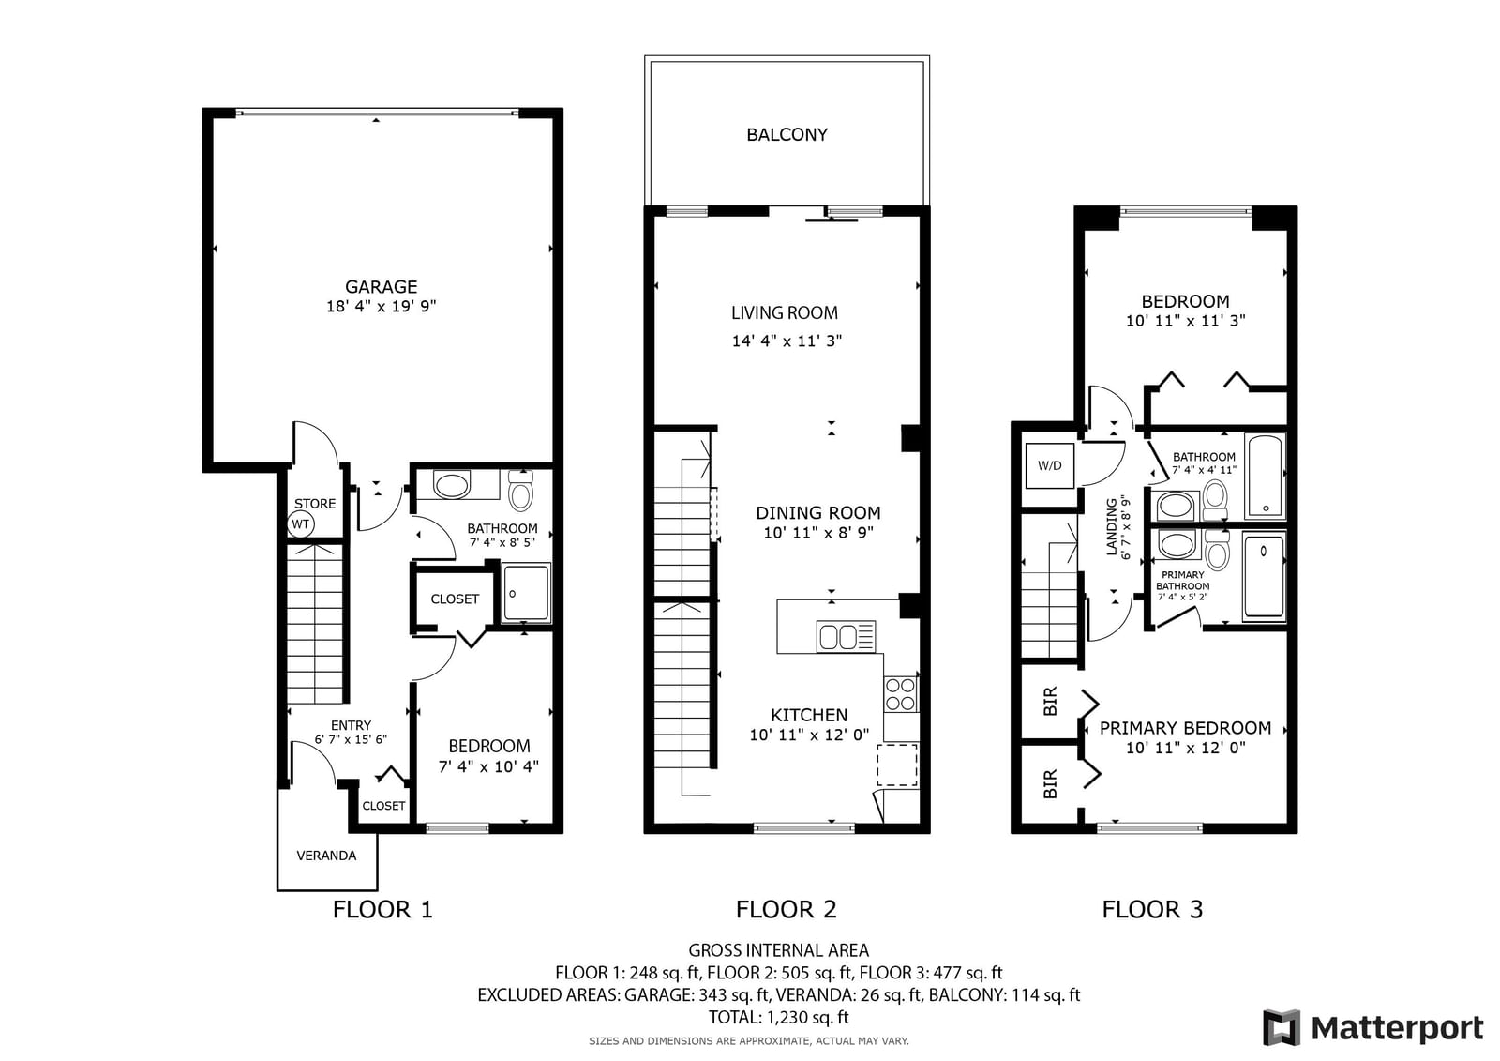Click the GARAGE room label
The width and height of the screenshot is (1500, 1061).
tap(381, 287)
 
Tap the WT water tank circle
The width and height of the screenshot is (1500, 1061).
tap(301, 524)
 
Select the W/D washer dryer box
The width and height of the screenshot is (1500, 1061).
tap(1049, 465)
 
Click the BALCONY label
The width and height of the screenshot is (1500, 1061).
tap(787, 135)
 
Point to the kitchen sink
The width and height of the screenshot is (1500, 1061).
tap(846, 636)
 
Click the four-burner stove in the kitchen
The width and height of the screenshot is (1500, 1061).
tap(901, 694)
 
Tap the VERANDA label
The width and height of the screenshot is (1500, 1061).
tap(326, 856)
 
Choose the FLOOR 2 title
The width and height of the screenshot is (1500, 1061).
tap(787, 910)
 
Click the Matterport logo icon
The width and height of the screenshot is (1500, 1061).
tap(1281, 1027)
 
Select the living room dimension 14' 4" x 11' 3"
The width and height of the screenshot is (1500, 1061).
tap(787, 341)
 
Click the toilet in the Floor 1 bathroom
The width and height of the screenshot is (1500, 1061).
tap(520, 491)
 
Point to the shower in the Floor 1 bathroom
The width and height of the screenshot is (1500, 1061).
tap(526, 593)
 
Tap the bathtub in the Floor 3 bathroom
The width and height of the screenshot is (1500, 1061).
tap(1265, 476)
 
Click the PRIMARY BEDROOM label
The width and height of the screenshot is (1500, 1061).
tap(1185, 728)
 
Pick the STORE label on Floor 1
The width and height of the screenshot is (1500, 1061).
tap(315, 504)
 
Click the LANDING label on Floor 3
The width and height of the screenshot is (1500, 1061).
tap(1111, 527)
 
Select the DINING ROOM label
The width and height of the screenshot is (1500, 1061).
tap(818, 513)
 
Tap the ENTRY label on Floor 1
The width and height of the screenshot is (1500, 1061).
tap(351, 725)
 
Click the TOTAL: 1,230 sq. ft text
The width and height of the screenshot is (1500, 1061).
tap(779, 1018)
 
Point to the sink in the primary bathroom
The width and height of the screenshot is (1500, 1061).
tap(1177, 544)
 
